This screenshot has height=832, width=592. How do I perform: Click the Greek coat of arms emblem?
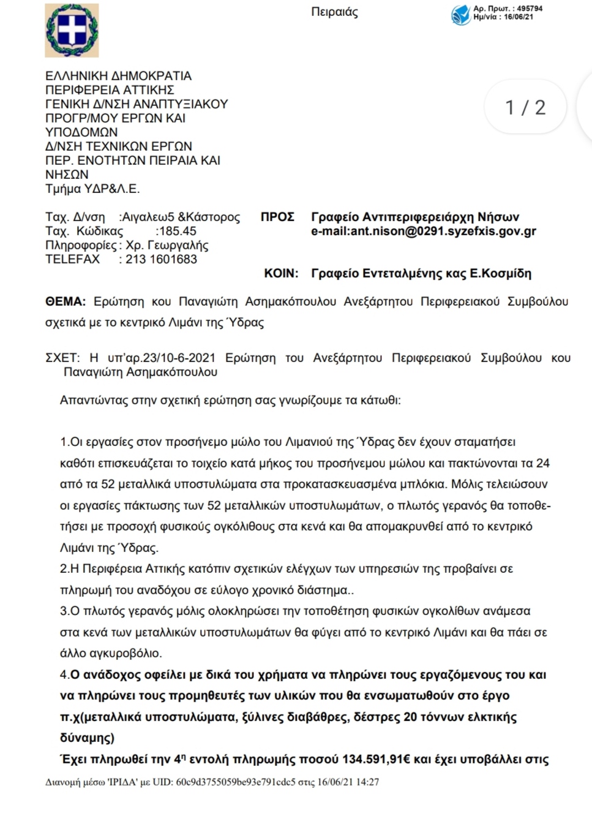[72, 31]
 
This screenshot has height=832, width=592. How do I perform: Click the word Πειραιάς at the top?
[334, 12]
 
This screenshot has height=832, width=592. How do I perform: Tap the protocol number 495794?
[530, 9]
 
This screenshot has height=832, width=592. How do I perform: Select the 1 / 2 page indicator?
[525, 108]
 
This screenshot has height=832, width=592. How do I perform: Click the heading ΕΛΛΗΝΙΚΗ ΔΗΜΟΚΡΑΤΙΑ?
[118, 76]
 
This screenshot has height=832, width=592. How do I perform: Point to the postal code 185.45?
[177, 231]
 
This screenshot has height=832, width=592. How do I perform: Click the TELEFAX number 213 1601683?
[162, 259]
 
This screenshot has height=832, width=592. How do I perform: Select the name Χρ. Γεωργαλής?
[167, 245]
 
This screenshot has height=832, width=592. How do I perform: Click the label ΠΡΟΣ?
[277, 217]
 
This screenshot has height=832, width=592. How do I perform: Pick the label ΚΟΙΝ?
[281, 273]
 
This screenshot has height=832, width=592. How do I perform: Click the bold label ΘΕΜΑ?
[65, 301]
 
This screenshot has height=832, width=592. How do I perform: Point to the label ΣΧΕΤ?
[62, 358]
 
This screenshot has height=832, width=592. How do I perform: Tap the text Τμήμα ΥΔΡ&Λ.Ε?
[92, 189]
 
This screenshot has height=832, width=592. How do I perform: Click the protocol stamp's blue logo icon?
[460, 14]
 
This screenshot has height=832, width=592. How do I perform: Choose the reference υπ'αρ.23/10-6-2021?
[161, 358]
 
